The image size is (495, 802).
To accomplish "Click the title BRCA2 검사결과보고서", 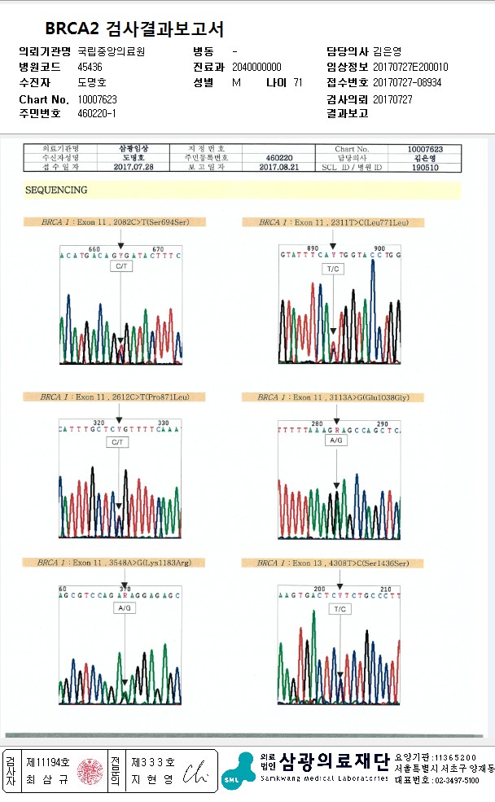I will pyautogui.click(x=134, y=29).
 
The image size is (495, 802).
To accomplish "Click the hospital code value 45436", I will pyautogui.click(x=90, y=67).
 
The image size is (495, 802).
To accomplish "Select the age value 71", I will pyautogui.click(x=298, y=82).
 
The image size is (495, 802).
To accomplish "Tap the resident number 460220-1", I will pyautogui.click(x=97, y=113).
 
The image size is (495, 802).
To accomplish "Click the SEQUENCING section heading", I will pyautogui.click(x=57, y=190).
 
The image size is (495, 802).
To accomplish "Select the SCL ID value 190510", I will pyautogui.click(x=425, y=166).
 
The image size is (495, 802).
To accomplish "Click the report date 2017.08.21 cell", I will pyautogui.click(x=280, y=166).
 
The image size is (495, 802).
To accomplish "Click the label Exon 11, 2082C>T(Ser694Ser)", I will pyautogui.click(x=121, y=221).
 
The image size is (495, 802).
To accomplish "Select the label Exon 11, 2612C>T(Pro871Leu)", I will pyautogui.click(x=121, y=397).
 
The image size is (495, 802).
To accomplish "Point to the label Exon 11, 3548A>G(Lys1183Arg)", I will pyautogui.click(x=121, y=563).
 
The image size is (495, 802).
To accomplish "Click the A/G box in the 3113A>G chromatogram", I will pyautogui.click(x=335, y=440).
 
